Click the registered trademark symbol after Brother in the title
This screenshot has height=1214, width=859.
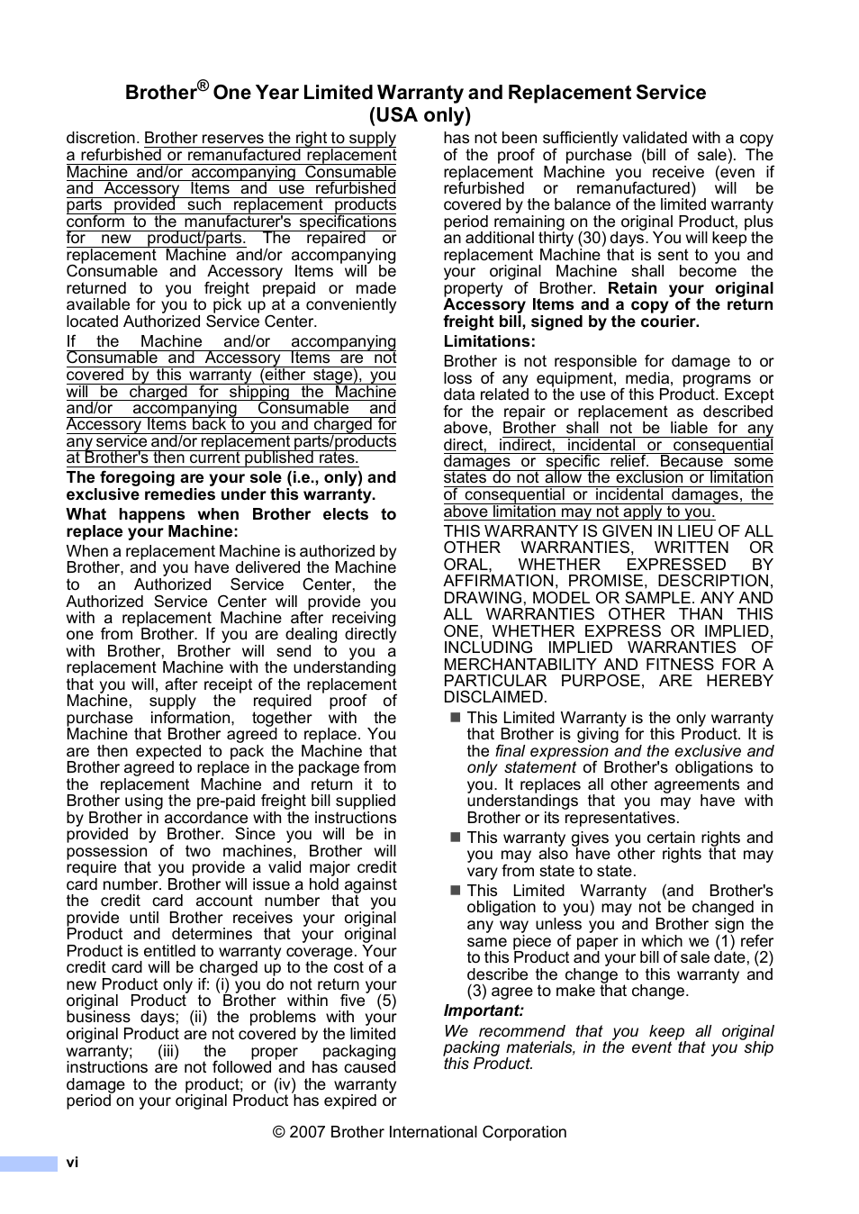point(203,86)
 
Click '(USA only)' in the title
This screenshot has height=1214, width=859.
point(420,115)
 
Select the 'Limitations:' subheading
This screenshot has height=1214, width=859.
point(489,341)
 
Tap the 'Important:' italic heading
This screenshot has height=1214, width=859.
point(483,1010)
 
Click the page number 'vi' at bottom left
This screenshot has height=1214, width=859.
point(72,1163)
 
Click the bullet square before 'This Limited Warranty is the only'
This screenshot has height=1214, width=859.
point(455,718)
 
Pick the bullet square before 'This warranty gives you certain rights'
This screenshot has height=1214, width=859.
point(455,838)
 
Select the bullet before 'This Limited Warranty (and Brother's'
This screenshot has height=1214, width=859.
point(455,891)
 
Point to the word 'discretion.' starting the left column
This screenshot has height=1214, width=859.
point(103,139)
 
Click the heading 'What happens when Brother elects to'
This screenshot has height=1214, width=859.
point(231,514)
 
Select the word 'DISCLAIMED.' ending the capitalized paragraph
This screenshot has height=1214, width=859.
point(494,697)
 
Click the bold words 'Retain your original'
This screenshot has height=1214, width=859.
point(690,288)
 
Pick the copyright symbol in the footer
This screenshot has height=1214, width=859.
point(279,1132)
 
